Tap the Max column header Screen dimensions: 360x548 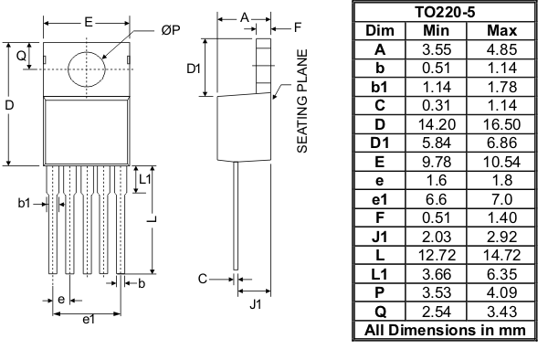(x=500, y=30)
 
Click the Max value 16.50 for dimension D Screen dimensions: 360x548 (x=500, y=123)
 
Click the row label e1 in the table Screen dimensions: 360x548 (x=379, y=198)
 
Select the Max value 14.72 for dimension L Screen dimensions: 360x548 (x=500, y=254)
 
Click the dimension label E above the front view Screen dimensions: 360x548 (x=87, y=21)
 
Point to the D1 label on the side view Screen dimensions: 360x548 (x=193, y=69)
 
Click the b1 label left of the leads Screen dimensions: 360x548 (x=24, y=203)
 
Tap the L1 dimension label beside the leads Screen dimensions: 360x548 (x=144, y=180)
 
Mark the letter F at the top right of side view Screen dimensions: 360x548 (x=298, y=28)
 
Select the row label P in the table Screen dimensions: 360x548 (x=379, y=291)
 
